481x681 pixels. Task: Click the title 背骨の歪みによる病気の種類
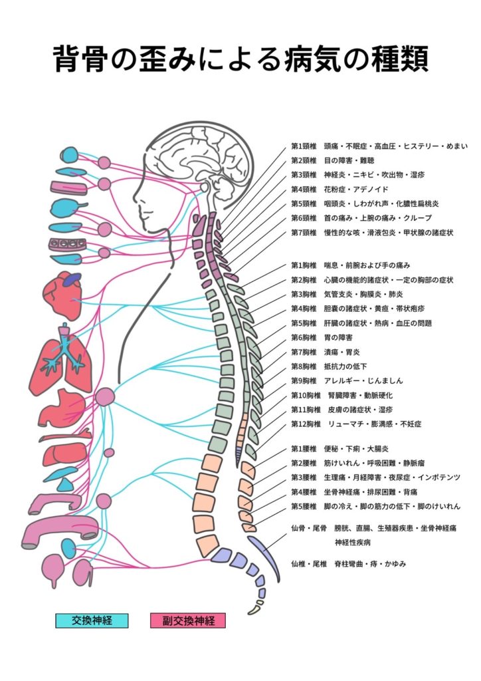(x=241, y=59)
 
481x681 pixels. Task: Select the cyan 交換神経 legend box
(x=92, y=620)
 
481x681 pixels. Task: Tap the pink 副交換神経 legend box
(x=188, y=620)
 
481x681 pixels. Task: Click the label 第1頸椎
(x=305, y=146)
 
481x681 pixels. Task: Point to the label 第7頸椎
(x=305, y=233)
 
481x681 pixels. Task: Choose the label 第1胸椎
(x=305, y=265)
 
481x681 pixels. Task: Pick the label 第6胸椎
(x=305, y=337)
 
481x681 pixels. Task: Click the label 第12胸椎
(x=305, y=424)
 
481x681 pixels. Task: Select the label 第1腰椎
(x=305, y=449)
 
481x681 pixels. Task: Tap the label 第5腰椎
(x=305, y=506)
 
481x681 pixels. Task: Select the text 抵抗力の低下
(x=345, y=366)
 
